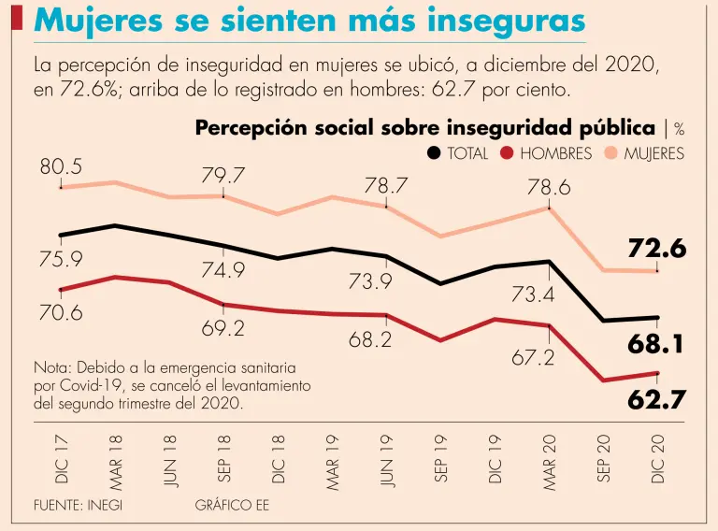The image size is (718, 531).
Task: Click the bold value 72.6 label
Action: coord(657,249)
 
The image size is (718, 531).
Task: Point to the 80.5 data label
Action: coord(61,167)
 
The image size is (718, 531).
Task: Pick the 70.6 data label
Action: coord(61,312)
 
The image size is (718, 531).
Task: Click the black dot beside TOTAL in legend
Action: coord(434,153)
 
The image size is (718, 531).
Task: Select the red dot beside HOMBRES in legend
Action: coord(507,153)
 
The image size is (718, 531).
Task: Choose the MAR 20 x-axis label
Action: coord(550,457)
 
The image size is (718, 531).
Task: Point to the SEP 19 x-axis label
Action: coord(441,458)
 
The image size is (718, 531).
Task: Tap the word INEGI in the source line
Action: coord(105,505)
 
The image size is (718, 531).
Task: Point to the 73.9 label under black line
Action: coord(386,281)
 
